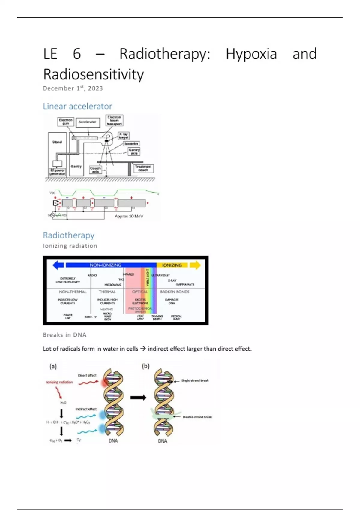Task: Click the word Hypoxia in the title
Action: click(251, 54)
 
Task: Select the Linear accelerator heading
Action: click(77, 106)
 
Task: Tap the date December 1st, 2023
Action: click(73, 88)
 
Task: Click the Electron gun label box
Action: click(66, 121)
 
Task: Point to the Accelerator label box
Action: click(88, 122)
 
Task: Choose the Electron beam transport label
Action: click(114, 120)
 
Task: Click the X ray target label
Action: click(123, 136)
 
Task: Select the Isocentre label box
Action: click(131, 144)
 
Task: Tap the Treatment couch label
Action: click(143, 168)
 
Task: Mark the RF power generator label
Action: click(57, 172)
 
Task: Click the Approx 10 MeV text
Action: click(129, 216)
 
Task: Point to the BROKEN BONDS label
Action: click(175, 292)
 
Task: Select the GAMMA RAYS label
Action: click(185, 284)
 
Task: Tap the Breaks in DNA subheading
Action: click(64, 335)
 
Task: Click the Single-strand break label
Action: click(195, 380)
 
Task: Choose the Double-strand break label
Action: click(197, 417)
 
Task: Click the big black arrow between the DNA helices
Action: click(138, 398)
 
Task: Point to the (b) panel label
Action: click(145, 366)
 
